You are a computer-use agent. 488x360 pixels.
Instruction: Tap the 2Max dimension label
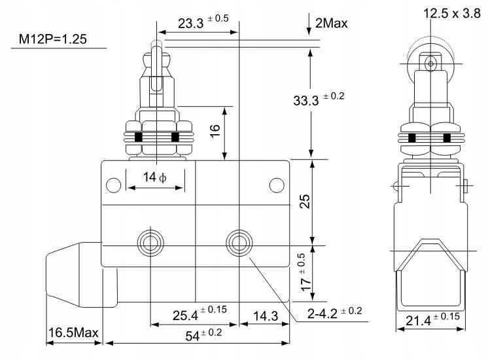pos(330,24)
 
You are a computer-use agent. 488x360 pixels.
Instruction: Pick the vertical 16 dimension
pos(215,131)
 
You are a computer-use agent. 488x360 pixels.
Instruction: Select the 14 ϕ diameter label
pos(154,177)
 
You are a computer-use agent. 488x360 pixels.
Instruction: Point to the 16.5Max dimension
pos(73,333)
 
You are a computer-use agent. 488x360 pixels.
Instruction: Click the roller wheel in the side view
pos(430,63)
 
